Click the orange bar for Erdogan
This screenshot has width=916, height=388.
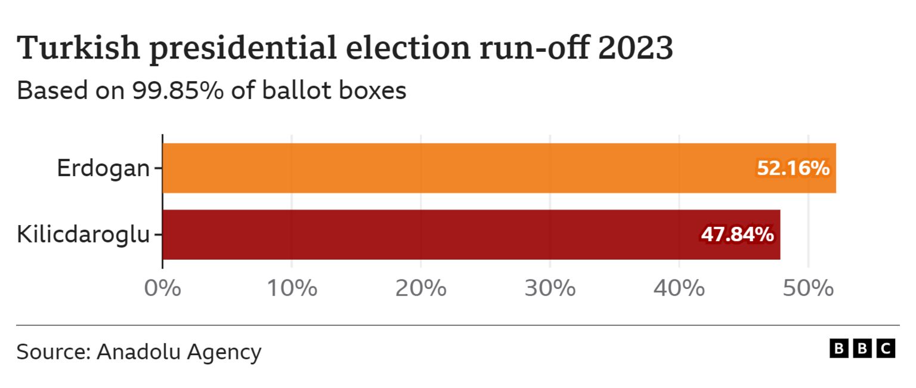pyautogui.click(x=453, y=168)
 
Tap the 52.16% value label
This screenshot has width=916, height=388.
pyautogui.click(x=793, y=169)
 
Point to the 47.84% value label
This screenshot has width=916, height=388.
pyautogui.click(x=738, y=235)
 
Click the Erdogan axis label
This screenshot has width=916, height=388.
pyautogui.click(x=103, y=169)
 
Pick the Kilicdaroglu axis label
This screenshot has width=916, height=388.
pyautogui.click(x=83, y=235)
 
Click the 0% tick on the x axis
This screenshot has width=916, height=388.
pyautogui.click(x=162, y=288)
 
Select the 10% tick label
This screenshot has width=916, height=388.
pyautogui.click(x=291, y=288)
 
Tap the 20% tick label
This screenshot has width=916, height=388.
pyautogui.click(x=420, y=288)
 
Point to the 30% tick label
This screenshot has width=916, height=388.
pyautogui.click(x=550, y=288)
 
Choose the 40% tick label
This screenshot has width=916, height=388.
pyautogui.click(x=679, y=288)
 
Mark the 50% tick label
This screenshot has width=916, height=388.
pyautogui.click(x=808, y=288)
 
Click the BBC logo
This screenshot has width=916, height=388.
pyautogui.click(x=862, y=349)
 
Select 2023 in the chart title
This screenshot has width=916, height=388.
pyautogui.click(x=635, y=49)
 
